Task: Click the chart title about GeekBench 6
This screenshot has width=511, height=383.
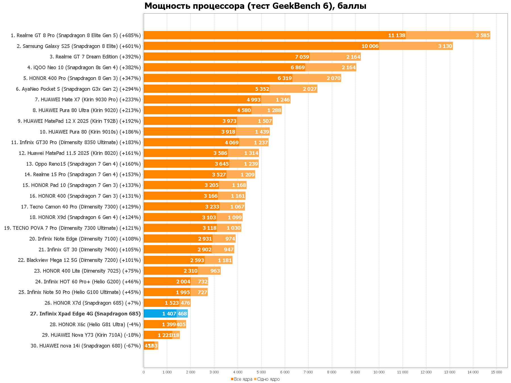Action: click(x=255, y=6)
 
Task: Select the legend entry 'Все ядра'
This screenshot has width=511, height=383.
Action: click(x=243, y=379)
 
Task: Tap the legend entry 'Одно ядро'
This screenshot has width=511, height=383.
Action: click(x=268, y=379)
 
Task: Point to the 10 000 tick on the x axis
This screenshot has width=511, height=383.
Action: click(x=379, y=372)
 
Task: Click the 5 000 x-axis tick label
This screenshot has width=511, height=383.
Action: click(x=261, y=372)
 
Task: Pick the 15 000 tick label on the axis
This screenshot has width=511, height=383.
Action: click(x=497, y=372)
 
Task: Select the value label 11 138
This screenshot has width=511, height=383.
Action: click(x=397, y=35)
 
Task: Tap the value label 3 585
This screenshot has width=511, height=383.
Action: click(x=483, y=35)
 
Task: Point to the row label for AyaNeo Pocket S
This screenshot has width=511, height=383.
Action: click(x=78, y=89)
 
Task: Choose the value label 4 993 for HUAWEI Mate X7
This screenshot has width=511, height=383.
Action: click(x=254, y=100)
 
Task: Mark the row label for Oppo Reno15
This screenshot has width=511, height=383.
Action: click(x=83, y=164)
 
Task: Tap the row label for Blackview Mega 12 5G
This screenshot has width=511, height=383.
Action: click(x=79, y=260)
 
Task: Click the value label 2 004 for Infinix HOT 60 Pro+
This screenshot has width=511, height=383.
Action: click(x=183, y=282)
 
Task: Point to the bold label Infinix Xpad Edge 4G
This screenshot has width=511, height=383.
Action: click(x=85, y=314)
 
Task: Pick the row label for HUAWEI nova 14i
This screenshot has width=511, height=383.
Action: click(x=85, y=346)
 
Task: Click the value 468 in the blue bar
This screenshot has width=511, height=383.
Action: click(x=182, y=314)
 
